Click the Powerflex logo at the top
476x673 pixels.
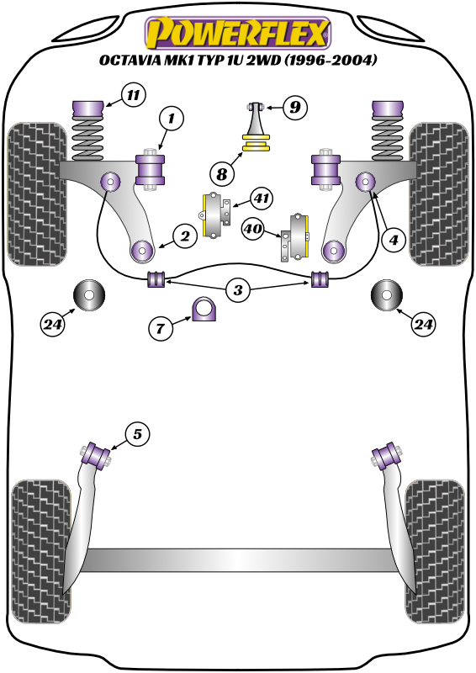(237, 34)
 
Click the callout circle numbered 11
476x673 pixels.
(132, 95)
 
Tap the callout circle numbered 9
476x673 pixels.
(295, 108)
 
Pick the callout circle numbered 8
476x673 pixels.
(221, 174)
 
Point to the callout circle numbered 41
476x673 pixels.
(262, 199)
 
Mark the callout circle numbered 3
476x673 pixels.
(239, 291)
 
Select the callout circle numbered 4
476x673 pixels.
(392, 240)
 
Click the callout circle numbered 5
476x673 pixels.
(137, 434)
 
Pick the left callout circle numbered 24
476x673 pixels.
(52, 322)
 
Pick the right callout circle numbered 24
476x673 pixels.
(424, 322)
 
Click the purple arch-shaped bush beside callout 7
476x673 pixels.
(204, 310)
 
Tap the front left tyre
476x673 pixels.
(37, 193)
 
